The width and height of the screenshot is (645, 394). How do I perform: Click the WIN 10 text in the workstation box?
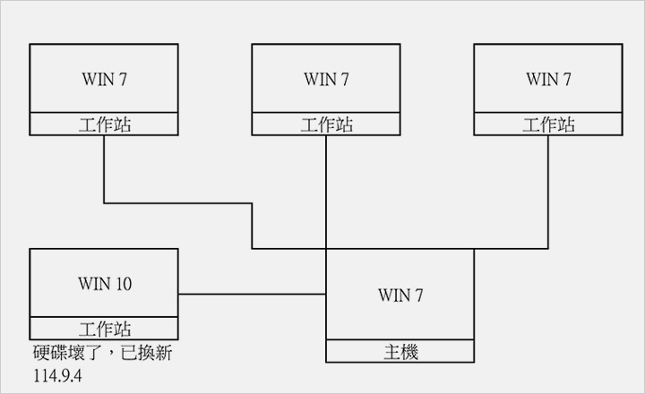pos(104,284)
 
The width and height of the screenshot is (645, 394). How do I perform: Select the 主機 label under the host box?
pos(400,352)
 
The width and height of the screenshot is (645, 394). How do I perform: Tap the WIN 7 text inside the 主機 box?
pos(400,295)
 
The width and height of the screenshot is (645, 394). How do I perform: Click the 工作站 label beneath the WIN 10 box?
pos(104,328)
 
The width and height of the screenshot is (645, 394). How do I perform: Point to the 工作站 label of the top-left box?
pos(104,124)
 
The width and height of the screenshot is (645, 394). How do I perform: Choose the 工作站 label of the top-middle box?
pos(326,124)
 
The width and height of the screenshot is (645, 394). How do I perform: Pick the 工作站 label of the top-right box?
pos(548,124)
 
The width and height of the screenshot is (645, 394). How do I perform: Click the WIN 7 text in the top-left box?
pos(104,79)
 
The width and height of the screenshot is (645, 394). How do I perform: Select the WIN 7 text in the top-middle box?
pos(326,79)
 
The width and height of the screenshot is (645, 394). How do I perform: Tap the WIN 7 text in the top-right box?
pos(548,79)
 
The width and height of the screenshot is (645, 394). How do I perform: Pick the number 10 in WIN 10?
pos(123,284)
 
